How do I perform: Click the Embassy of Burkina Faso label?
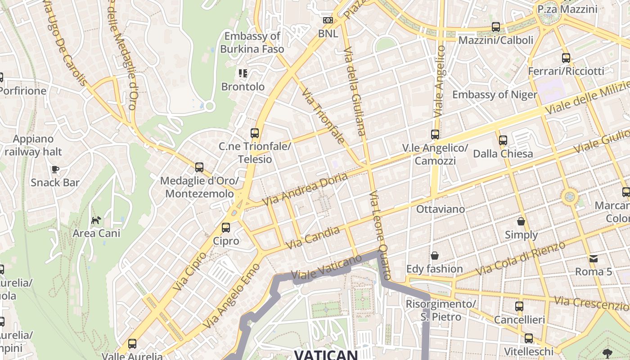click(252, 42)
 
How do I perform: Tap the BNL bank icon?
click(328, 20)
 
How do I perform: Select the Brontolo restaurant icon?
click(243, 73)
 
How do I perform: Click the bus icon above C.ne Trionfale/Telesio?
click(255, 133)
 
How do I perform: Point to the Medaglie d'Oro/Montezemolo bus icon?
click(199, 167)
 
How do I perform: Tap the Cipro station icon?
click(226, 228)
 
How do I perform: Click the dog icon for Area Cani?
click(96, 220)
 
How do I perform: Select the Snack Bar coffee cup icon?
click(55, 169)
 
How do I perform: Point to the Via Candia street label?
click(313, 238)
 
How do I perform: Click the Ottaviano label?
click(441, 209)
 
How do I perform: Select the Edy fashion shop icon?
click(435, 256)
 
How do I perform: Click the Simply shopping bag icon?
click(521, 221)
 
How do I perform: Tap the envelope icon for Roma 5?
click(594, 258)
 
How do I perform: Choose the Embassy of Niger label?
click(495, 94)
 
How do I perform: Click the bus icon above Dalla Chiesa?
click(503, 140)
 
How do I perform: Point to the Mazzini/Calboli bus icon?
click(496, 27)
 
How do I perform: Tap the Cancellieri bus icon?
click(519, 306)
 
